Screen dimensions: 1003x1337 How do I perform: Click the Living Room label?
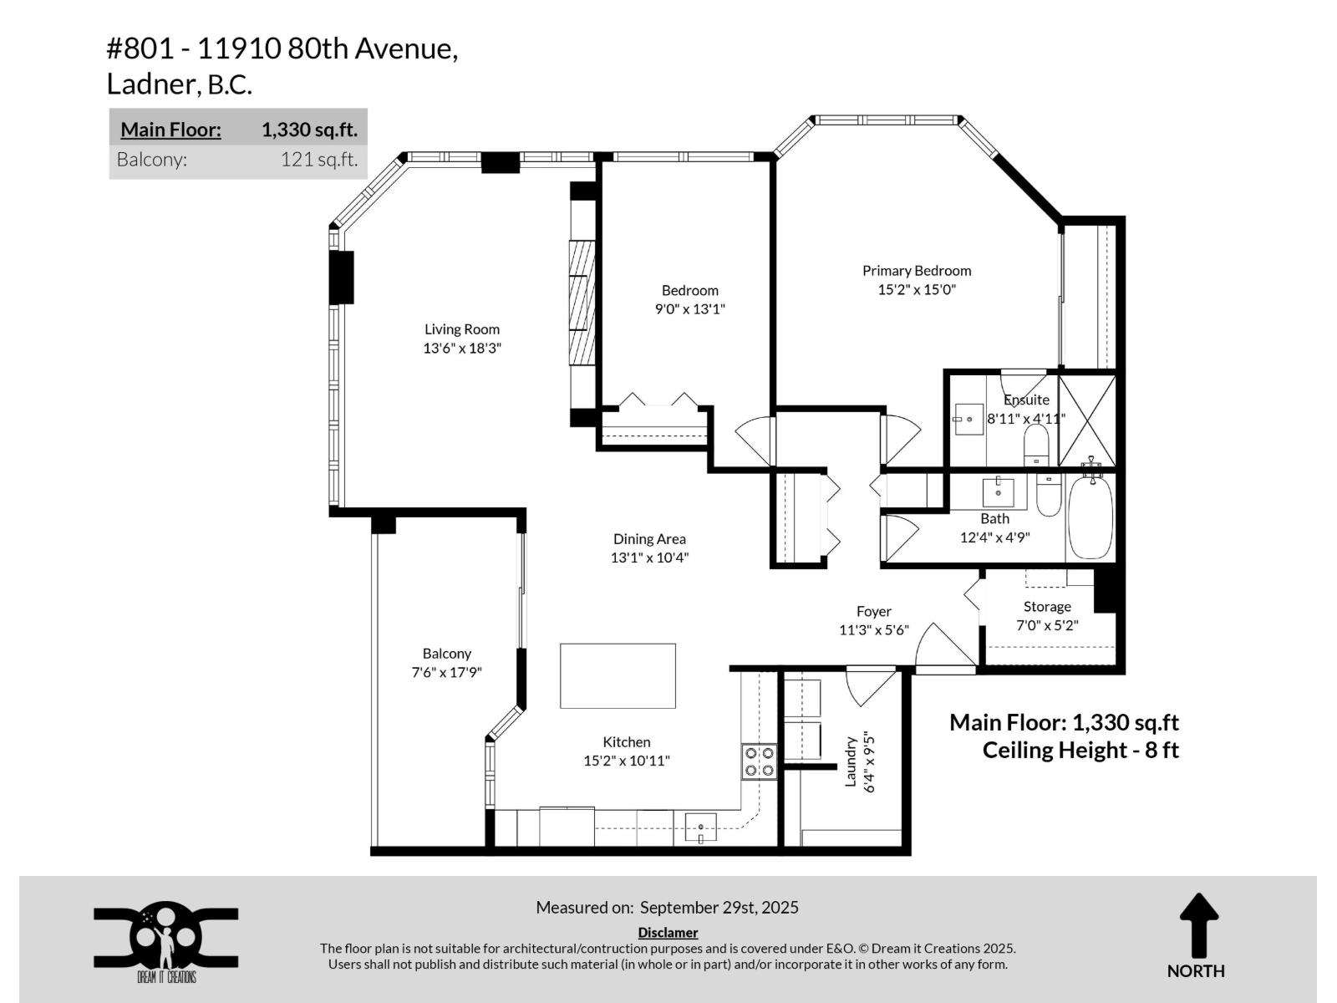tap(461, 329)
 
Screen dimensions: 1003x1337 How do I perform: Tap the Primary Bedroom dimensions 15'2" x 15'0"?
tap(916, 290)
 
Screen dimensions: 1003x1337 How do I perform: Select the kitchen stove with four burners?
tap(759, 761)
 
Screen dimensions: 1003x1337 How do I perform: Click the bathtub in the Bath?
tap(1090, 517)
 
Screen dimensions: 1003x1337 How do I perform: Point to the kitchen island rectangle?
tap(618, 676)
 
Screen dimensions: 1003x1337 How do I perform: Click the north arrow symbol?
tap(1198, 926)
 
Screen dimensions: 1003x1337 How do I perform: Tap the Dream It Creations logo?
tap(165, 939)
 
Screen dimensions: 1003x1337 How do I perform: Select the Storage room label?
tap(1047, 607)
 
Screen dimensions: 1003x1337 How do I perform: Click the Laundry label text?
tap(852, 761)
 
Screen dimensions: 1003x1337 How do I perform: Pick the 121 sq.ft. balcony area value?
tap(318, 160)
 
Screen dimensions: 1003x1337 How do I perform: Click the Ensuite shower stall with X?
tap(1086, 420)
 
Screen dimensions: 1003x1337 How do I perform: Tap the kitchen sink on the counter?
tap(700, 827)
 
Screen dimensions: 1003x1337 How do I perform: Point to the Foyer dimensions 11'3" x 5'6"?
tap(873, 630)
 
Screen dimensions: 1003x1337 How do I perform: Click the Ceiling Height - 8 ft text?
tap(1080, 750)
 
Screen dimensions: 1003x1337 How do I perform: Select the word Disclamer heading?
tap(668, 933)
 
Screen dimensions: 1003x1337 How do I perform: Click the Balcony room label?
tap(446, 654)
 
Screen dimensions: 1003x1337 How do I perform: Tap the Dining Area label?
tap(649, 539)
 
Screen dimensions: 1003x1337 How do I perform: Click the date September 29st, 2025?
tap(719, 908)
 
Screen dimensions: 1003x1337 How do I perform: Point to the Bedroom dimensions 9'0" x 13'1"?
tap(689, 309)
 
